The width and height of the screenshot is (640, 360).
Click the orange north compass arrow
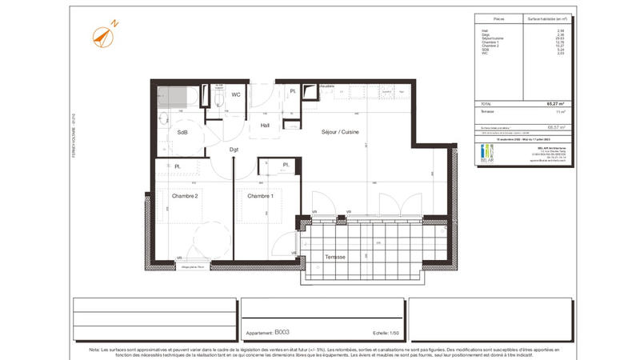coord(103,34)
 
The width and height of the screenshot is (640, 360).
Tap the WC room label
coord(236,94)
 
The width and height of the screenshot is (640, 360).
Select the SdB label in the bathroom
coord(182,132)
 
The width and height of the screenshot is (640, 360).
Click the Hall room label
coord(264,125)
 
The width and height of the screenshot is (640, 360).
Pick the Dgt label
coord(234,149)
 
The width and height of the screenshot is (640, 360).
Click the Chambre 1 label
coord(260,196)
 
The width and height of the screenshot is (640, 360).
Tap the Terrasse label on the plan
coord(336,257)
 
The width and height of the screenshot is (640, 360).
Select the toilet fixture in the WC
coord(218,97)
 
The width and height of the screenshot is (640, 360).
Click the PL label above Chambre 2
coord(177,166)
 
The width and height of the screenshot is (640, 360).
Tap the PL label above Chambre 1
coord(286,166)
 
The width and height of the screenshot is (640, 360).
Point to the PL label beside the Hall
coord(294,93)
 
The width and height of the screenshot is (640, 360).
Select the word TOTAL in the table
coord(486,104)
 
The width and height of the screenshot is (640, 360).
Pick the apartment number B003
coord(281,331)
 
